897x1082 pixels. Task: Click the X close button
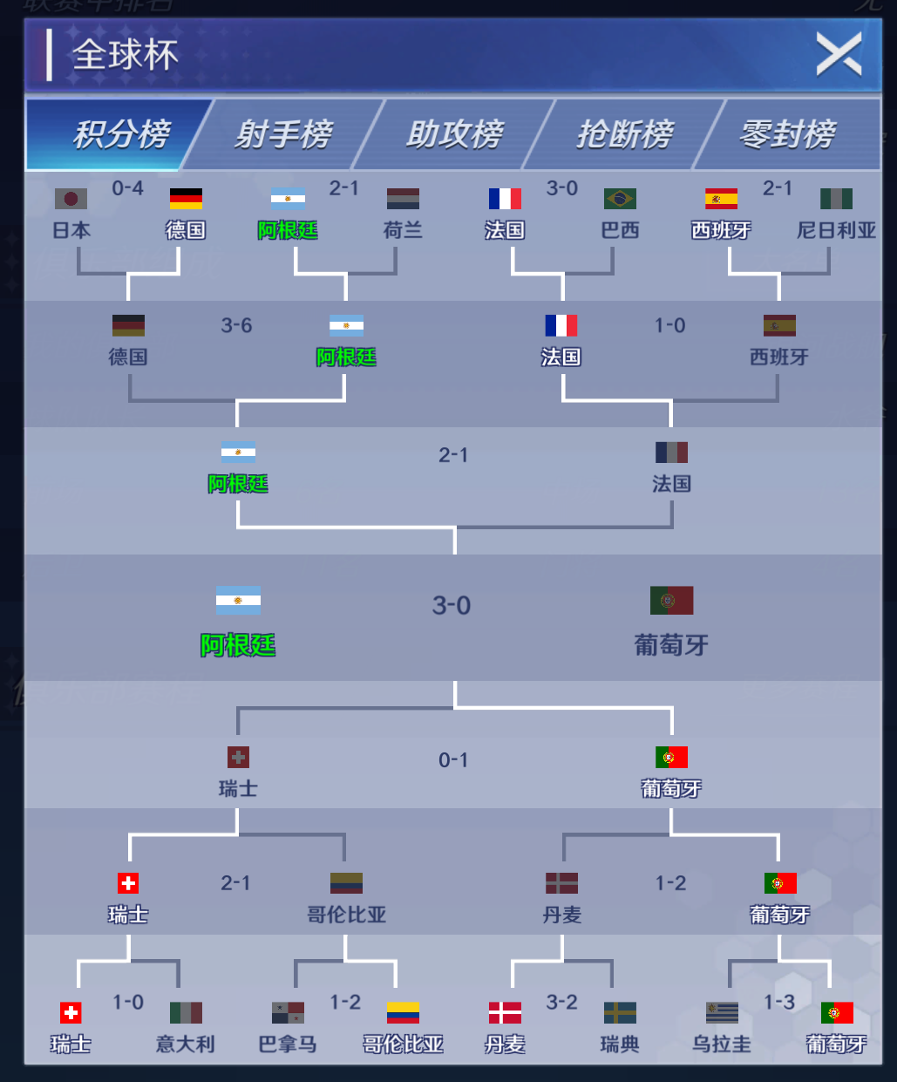click(839, 54)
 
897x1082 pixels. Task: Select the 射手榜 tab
click(283, 134)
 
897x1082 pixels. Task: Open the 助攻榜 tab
click(454, 134)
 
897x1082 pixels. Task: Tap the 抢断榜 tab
click(624, 134)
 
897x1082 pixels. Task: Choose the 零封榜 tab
click(787, 134)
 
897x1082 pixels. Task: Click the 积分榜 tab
click(121, 134)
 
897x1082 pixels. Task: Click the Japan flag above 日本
click(71, 199)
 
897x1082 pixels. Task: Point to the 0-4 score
click(127, 188)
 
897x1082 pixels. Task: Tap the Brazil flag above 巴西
click(620, 199)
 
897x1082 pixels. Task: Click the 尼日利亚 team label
click(836, 230)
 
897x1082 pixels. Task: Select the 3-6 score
click(236, 325)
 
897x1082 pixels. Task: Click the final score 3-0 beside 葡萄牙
click(452, 605)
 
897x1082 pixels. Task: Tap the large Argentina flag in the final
click(238, 601)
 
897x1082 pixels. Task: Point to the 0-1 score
click(453, 760)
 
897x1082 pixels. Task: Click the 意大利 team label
click(185, 1044)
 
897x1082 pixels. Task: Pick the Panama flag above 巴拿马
click(288, 1012)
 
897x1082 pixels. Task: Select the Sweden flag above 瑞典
click(620, 1012)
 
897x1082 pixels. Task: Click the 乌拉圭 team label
click(722, 1044)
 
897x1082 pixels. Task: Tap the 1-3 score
click(779, 1003)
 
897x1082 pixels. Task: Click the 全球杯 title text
click(126, 55)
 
